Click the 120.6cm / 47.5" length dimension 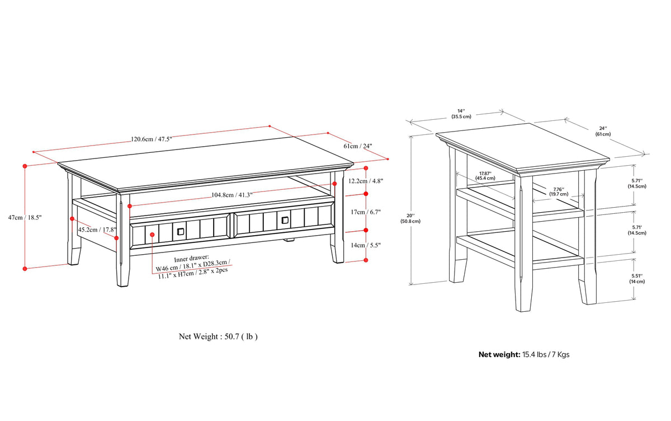pos(152,139)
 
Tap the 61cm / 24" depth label pos(358,146)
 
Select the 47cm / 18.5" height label pos(25,217)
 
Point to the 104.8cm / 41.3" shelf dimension pos(232,195)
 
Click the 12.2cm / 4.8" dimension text pos(366,181)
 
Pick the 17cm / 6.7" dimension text pos(366,212)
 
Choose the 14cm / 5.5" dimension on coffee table pos(366,245)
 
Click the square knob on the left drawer pos(180,231)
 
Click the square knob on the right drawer pos(285,221)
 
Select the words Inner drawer pos(191,258)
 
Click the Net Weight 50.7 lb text pos(218,336)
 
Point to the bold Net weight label pos(499,355)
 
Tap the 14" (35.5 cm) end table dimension pos(461,114)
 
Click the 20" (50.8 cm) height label pos(410,218)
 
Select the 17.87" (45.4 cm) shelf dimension pos(485,176)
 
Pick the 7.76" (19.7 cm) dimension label pos(559,191)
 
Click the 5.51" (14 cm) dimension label pos(637,279)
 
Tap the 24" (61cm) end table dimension pos(603,132)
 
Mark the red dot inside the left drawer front pos(152,235)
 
